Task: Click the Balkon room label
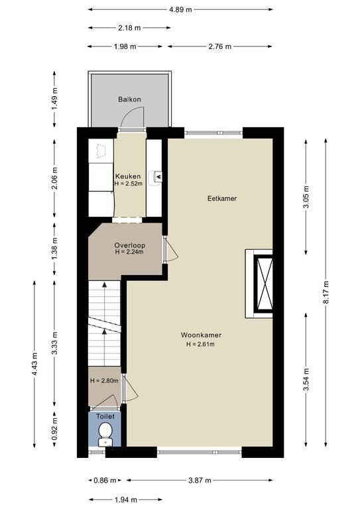[129, 99]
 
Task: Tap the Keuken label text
[128, 176]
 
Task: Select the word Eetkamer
[222, 198]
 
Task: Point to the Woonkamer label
[202, 335]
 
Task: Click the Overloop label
[129, 245]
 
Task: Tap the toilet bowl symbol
[105, 430]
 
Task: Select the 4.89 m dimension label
[180, 10]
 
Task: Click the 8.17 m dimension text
[326, 292]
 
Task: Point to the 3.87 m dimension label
[200, 480]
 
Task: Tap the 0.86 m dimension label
[105, 480]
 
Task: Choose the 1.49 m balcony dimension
[54, 98]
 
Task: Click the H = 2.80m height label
[104, 381]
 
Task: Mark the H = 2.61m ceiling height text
[200, 345]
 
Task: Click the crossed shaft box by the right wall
[263, 284]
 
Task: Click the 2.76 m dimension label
[220, 47]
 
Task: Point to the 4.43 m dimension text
[34, 364]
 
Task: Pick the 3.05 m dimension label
[306, 197]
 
